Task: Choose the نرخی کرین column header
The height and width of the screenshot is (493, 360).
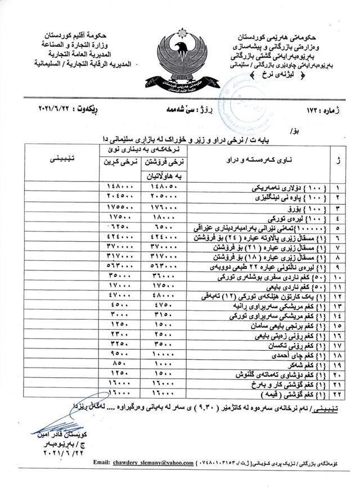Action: point(118,162)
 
